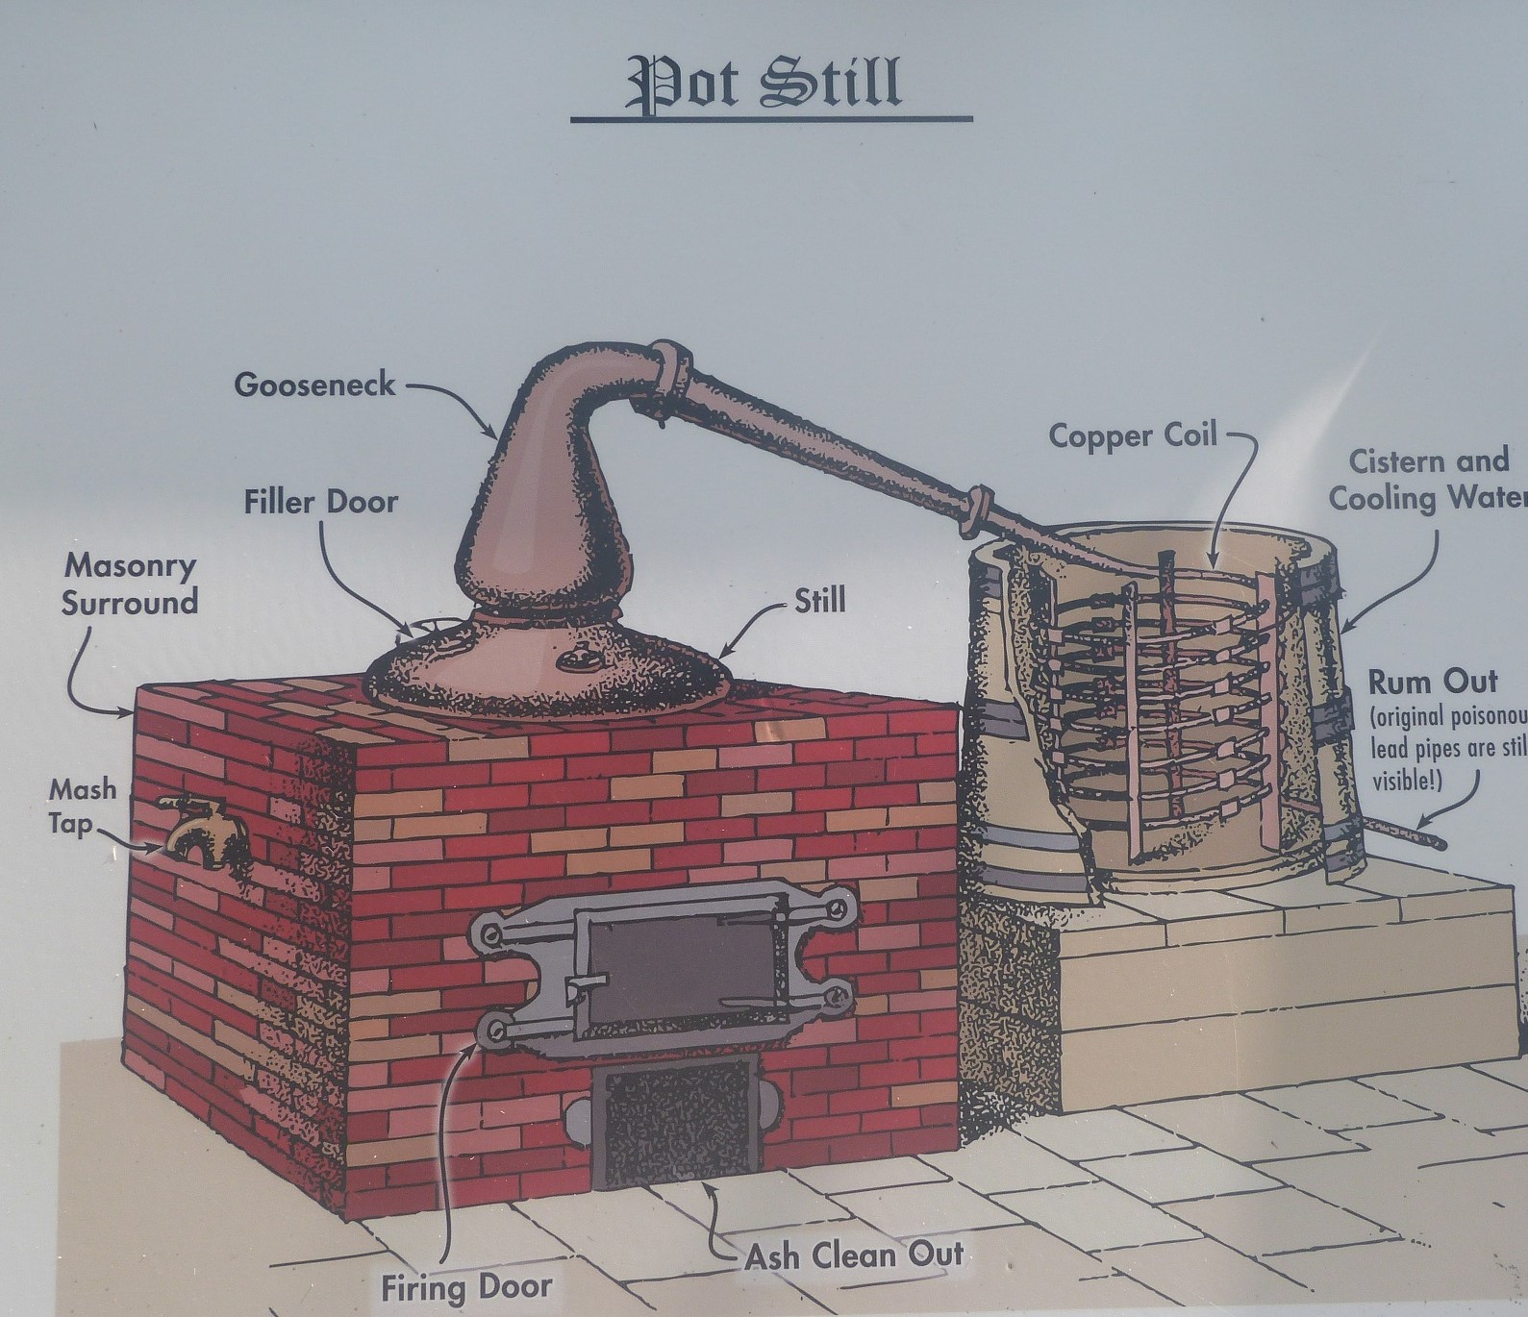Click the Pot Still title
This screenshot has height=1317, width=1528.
tap(764, 82)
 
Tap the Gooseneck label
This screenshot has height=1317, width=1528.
tap(314, 385)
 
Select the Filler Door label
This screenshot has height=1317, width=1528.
tap(320, 502)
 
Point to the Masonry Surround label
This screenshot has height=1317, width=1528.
tap(129, 584)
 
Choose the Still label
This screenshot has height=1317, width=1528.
tap(819, 601)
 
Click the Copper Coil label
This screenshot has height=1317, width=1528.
tap(1132, 435)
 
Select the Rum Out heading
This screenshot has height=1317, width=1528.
tap(1432, 683)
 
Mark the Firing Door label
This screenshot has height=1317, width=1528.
tap(466, 1287)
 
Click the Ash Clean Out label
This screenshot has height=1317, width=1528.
tap(854, 1255)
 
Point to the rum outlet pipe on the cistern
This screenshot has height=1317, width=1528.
tap(1404, 833)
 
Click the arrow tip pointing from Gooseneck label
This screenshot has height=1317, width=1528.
tap(496, 437)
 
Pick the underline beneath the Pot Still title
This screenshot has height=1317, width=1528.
tap(770, 119)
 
